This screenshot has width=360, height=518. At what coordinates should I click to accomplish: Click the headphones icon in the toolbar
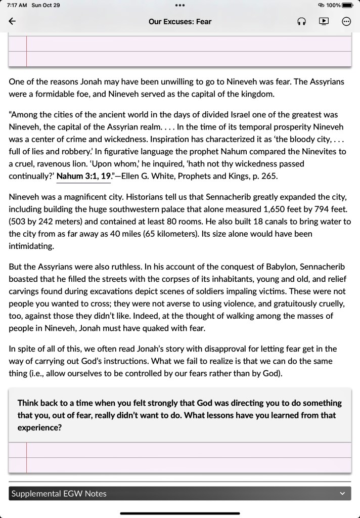(x=302, y=22)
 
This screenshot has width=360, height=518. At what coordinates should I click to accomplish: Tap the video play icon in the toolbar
(x=324, y=21)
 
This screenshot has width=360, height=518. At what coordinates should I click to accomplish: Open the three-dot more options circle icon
(x=346, y=21)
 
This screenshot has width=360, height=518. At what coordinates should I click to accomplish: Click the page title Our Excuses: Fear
(x=180, y=22)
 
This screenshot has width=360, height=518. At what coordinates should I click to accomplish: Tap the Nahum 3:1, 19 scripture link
(x=84, y=177)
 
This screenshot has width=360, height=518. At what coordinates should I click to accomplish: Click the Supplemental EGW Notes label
(x=59, y=494)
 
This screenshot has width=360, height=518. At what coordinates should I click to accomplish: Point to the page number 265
(x=271, y=177)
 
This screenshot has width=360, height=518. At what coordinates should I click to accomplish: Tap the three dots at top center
(x=180, y=5)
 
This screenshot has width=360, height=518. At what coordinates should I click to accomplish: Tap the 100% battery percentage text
(x=333, y=5)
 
